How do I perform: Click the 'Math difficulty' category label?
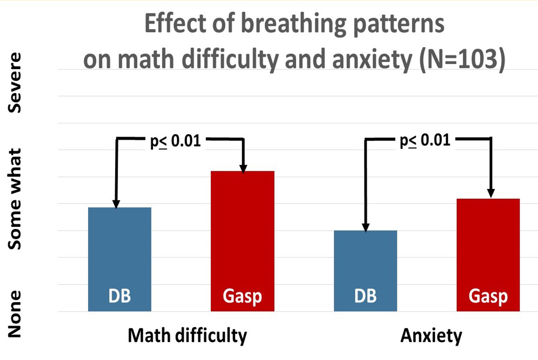[187, 336]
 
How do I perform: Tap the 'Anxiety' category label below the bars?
[431, 336]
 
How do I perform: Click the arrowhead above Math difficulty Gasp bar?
[243, 167]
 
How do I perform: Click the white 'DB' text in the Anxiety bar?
[364, 297]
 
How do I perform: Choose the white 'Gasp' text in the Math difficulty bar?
[243, 297]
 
